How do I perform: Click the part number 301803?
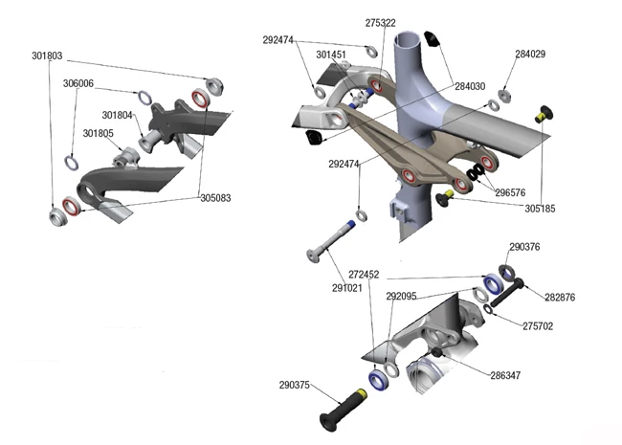[x=47, y=56]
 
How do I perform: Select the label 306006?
[x=78, y=84]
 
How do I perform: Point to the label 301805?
[x=99, y=133]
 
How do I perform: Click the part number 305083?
[x=215, y=198]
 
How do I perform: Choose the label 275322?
[x=381, y=21]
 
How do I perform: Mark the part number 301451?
[x=331, y=55]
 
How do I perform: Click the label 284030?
[x=470, y=87]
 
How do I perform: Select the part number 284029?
[x=530, y=54]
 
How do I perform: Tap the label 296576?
[x=510, y=191]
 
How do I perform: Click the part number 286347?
[x=505, y=375]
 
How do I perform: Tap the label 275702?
[x=539, y=325]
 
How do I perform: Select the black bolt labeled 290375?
[x=340, y=409]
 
